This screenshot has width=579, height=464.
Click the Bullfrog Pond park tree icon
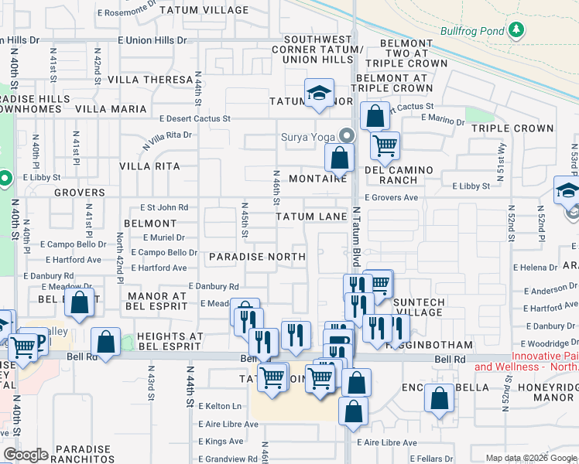(x=516, y=31)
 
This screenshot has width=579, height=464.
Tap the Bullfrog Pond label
(x=471, y=32)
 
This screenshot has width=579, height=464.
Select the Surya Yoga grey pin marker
(x=346, y=135)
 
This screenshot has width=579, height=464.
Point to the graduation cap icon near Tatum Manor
(x=318, y=94)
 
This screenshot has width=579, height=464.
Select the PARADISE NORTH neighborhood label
(x=257, y=256)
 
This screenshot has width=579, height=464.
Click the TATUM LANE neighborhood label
(x=311, y=217)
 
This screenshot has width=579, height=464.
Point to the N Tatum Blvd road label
(x=357, y=231)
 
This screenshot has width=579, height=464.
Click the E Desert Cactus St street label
(x=195, y=119)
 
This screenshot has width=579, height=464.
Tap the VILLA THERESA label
(x=150, y=80)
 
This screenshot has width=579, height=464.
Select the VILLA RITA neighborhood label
(x=149, y=166)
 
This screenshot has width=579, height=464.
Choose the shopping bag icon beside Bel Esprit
(x=80, y=303)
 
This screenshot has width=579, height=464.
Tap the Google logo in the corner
(x=26, y=455)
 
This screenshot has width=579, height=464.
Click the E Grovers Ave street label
(x=391, y=198)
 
